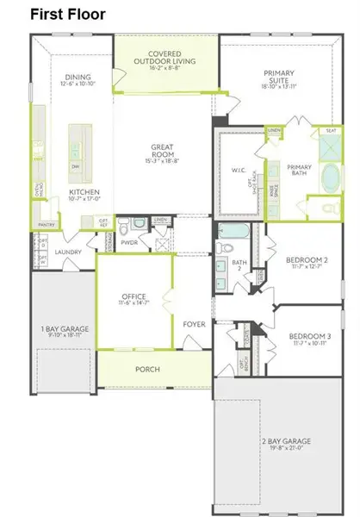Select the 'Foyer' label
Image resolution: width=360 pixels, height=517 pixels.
tap(193, 324)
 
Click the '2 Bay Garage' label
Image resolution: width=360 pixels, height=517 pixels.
tap(286, 444)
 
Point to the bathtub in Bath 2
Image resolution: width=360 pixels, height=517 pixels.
tap(232, 231)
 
